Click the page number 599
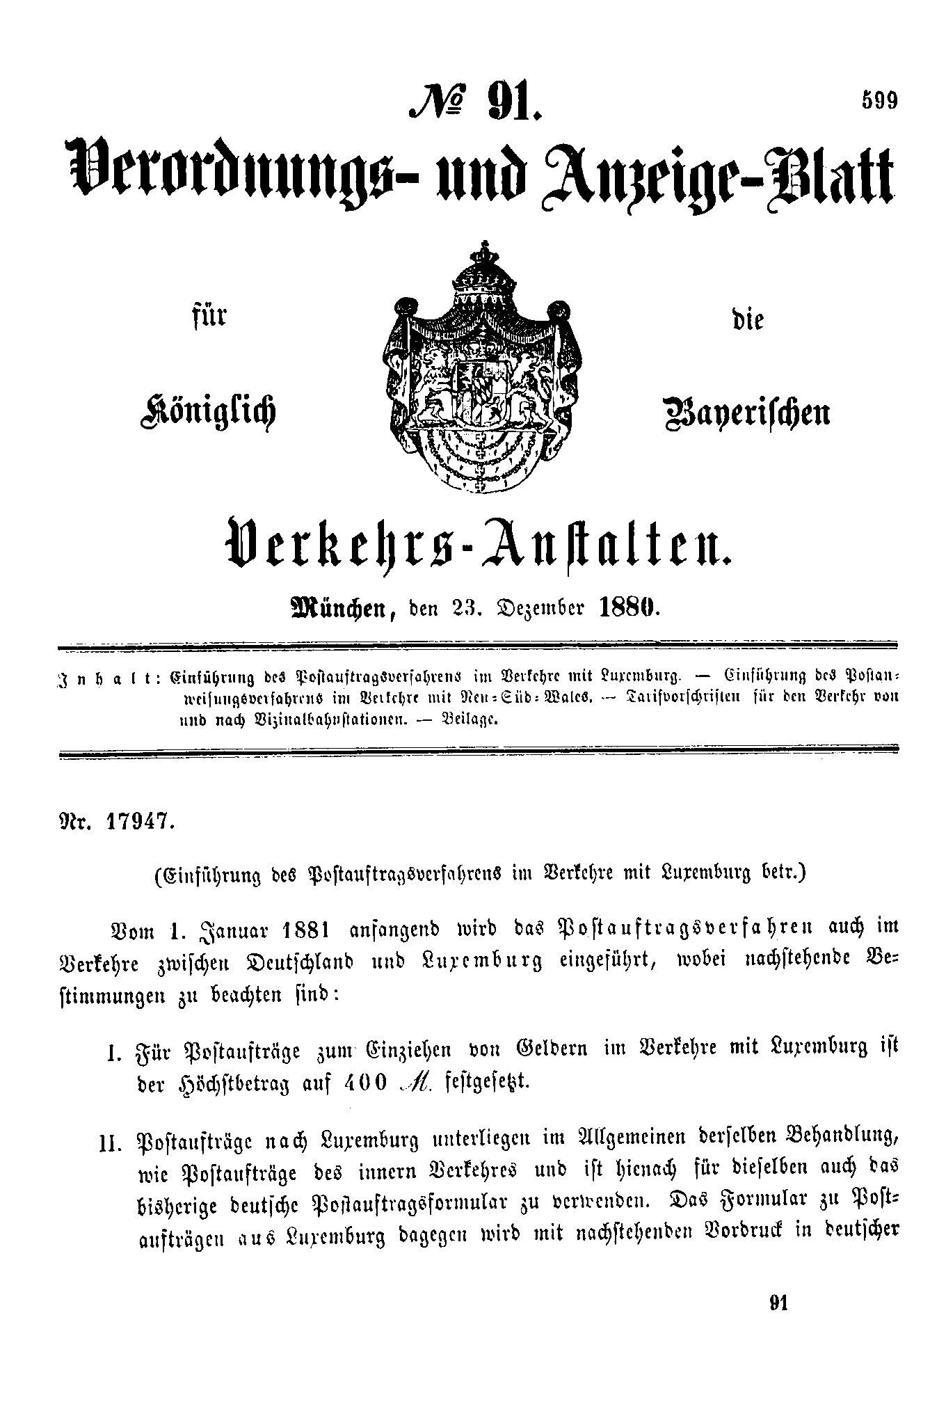[x=880, y=101]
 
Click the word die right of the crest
[x=748, y=319]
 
